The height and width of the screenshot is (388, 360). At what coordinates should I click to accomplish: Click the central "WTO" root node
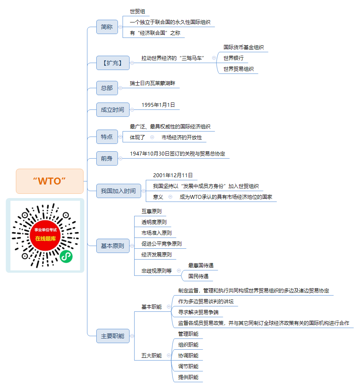click(50, 181)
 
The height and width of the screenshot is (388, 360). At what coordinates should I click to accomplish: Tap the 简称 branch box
click(107, 27)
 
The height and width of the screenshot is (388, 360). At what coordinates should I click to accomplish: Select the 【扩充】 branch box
click(113, 63)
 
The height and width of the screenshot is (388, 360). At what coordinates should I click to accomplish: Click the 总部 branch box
click(107, 88)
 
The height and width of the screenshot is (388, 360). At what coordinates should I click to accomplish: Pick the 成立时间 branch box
click(113, 109)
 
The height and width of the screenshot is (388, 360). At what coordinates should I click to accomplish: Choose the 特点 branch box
click(107, 137)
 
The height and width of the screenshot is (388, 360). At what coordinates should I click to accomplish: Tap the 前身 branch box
click(107, 158)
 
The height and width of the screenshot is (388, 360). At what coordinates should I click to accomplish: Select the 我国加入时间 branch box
click(118, 191)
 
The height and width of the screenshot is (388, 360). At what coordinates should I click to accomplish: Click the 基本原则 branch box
click(113, 246)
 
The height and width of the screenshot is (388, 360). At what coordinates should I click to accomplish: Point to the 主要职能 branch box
click(113, 336)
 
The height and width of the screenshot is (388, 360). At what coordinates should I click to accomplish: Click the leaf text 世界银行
click(233, 58)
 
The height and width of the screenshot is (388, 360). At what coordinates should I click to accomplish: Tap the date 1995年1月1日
click(158, 105)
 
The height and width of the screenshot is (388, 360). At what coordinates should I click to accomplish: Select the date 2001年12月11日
click(173, 176)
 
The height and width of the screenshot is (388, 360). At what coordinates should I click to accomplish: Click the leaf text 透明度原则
click(154, 222)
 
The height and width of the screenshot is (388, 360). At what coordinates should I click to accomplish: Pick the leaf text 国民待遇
click(198, 276)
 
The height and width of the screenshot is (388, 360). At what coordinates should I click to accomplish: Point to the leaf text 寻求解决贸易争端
click(198, 312)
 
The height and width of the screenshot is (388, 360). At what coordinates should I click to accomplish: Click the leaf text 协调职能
click(188, 356)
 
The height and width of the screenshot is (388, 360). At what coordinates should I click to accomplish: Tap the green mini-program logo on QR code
click(66, 256)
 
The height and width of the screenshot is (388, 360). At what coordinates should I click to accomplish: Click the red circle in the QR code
click(45, 235)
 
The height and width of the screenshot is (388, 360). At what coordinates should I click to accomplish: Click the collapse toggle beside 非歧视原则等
click(179, 271)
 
